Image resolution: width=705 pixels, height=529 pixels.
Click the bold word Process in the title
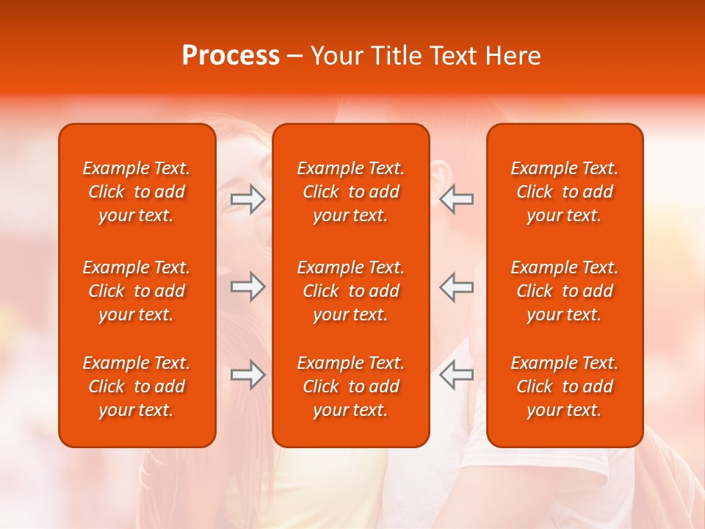coord(231,56)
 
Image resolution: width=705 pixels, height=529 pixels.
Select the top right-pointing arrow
coord(247,199)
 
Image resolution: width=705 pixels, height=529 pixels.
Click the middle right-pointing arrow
coord(247,287)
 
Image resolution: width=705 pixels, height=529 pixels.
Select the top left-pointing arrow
coord(457,199)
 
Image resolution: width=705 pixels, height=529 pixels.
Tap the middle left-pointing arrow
coord(457,287)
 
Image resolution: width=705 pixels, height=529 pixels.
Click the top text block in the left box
coord(137,192)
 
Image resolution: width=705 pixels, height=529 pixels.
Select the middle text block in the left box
coord(137,291)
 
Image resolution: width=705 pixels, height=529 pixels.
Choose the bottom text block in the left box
coord(137,386)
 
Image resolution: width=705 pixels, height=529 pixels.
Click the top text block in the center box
coord(350,192)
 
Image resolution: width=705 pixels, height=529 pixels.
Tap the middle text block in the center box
coord(350,291)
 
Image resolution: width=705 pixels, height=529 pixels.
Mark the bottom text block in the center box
coord(350,386)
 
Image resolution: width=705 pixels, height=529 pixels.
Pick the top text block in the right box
coord(564,192)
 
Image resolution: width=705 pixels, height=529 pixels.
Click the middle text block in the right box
coord(564,291)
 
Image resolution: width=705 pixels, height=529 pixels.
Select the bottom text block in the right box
coord(564,386)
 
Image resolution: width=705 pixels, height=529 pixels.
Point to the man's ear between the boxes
coord(440,175)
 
